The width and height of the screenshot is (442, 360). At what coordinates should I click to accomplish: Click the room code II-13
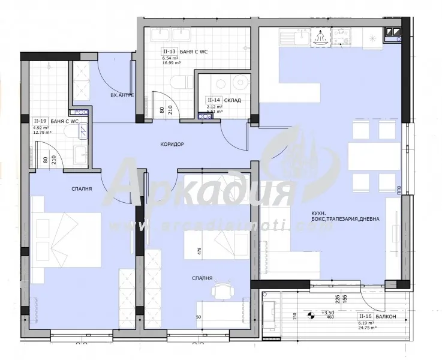click(x=169, y=52)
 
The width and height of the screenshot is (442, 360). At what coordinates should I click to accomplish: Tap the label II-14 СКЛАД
click(x=223, y=100)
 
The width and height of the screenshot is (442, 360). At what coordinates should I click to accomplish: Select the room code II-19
click(x=41, y=121)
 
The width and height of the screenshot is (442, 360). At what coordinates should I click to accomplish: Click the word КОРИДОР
click(x=172, y=145)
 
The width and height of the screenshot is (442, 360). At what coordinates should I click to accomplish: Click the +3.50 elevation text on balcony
click(x=328, y=313)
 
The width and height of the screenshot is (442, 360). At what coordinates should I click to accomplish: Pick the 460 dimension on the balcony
click(x=330, y=319)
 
